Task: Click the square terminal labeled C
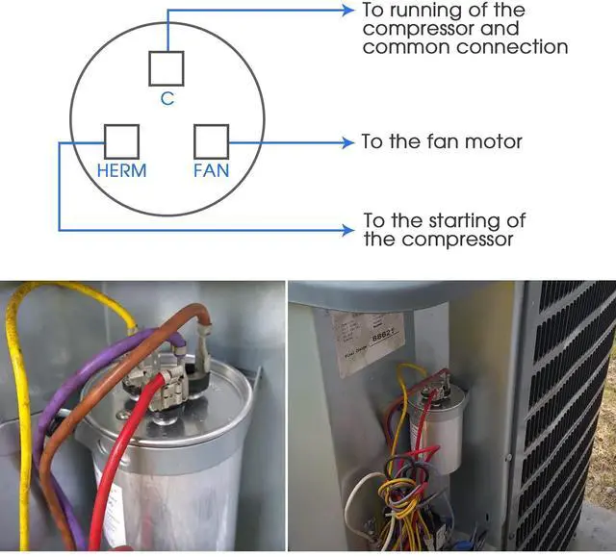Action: point(167,68)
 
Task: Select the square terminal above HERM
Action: point(121,141)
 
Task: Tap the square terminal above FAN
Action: point(211,141)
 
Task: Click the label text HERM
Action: point(122,171)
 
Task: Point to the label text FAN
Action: point(212,171)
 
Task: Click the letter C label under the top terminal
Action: point(167,98)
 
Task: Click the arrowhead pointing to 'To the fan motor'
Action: point(348,142)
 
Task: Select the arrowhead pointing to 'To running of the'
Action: point(348,11)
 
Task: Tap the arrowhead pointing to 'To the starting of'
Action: point(348,230)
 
